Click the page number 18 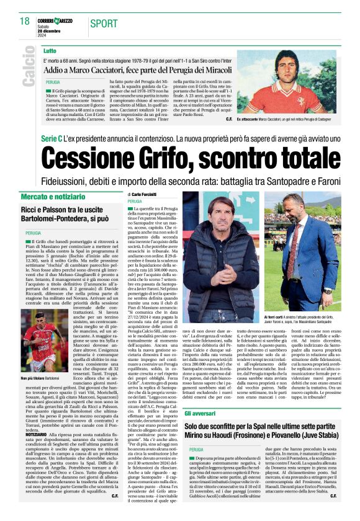tap(25, 21)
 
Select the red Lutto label tap(50, 50)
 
